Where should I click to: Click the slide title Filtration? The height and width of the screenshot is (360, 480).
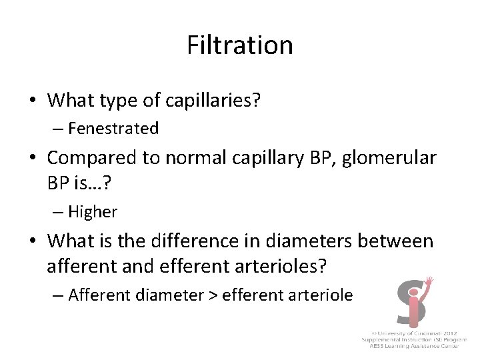click(239, 45)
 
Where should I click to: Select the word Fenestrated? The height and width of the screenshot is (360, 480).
click(113, 128)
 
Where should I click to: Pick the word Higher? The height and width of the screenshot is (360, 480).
click(93, 212)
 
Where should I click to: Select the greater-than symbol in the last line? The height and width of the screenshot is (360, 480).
click(213, 294)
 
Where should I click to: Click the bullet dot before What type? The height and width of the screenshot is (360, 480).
click(32, 101)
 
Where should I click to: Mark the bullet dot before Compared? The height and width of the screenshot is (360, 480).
click(32, 159)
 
